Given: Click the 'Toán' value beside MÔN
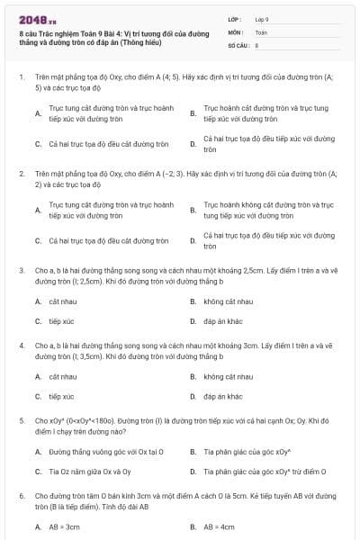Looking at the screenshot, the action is [x=261, y=31].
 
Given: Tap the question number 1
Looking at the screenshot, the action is [x=21, y=77].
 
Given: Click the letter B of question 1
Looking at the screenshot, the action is [x=193, y=113].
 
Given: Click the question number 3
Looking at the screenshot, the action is [x=21, y=269].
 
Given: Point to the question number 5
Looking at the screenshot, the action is [x=21, y=420].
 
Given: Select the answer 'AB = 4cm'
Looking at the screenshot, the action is [x=219, y=527].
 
